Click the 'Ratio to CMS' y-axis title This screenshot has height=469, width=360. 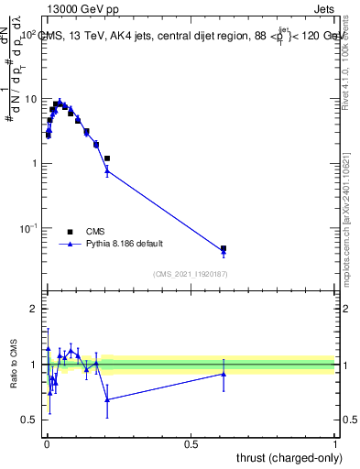[x=16, y=365]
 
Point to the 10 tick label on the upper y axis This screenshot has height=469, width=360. [x=30, y=99]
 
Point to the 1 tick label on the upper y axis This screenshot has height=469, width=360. [x=33, y=163]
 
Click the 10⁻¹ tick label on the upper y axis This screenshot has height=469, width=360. [x=27, y=227]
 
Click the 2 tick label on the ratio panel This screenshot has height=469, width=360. [x=33, y=310]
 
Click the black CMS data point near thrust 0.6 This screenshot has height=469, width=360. [x=224, y=248]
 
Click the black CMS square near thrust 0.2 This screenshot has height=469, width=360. [x=107, y=158]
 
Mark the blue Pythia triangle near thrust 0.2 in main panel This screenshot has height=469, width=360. [x=107, y=170]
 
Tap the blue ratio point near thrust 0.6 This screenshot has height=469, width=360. [x=224, y=374]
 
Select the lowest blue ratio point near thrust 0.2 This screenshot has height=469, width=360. [x=107, y=399]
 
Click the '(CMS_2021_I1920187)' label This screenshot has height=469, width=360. [x=189, y=274]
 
